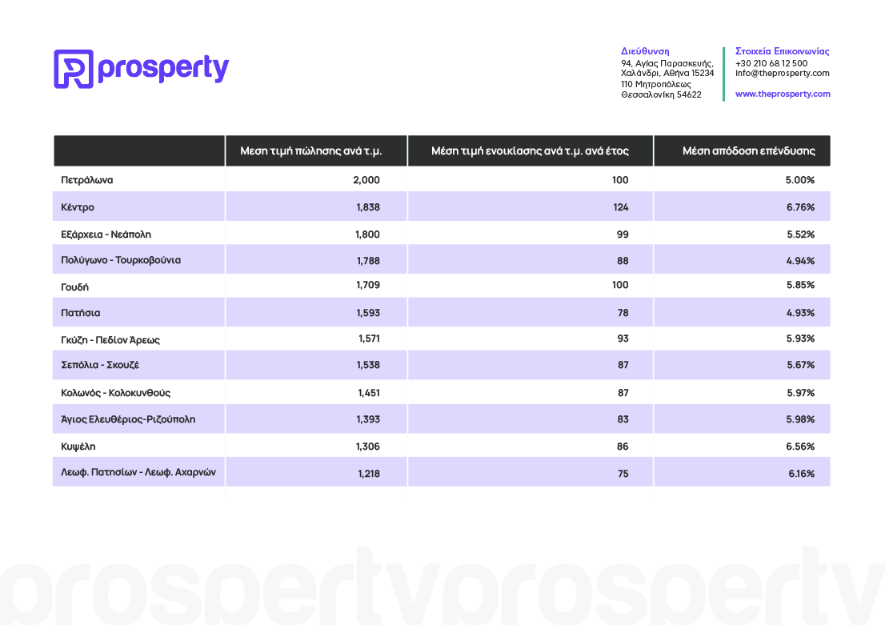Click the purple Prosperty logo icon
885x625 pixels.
[74, 69]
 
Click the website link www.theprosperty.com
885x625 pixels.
[783, 94]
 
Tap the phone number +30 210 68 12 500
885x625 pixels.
[771, 63]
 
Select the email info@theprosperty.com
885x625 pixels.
[783, 73]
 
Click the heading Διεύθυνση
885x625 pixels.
[645, 51]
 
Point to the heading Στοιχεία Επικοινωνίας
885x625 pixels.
[783, 51]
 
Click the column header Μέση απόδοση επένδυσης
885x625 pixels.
[748, 150]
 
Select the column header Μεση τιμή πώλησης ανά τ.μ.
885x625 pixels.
[311, 150]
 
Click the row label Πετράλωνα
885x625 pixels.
[87, 180]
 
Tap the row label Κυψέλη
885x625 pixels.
[78, 447]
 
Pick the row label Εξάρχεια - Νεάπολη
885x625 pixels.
[106, 234]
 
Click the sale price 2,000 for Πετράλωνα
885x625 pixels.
[366, 180]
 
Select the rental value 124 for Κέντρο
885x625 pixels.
[621, 207]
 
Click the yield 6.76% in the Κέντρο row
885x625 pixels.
[800, 207]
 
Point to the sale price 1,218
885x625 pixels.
[369, 474]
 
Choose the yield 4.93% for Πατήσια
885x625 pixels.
[800, 313]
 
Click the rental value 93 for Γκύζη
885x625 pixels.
[623, 339]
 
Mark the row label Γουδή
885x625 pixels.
[74, 286]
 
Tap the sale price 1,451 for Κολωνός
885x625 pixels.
[369, 393]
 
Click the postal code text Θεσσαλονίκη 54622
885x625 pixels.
[661, 95]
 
